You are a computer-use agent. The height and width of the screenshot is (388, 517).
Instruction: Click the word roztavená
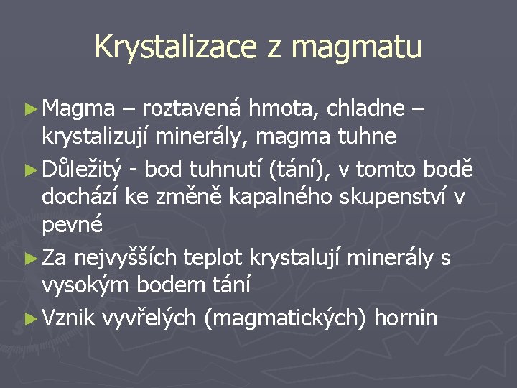click(x=193, y=108)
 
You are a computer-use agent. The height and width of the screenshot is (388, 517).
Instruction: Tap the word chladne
click(x=367, y=108)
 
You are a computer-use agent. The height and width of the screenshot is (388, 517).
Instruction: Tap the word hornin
click(x=405, y=318)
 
